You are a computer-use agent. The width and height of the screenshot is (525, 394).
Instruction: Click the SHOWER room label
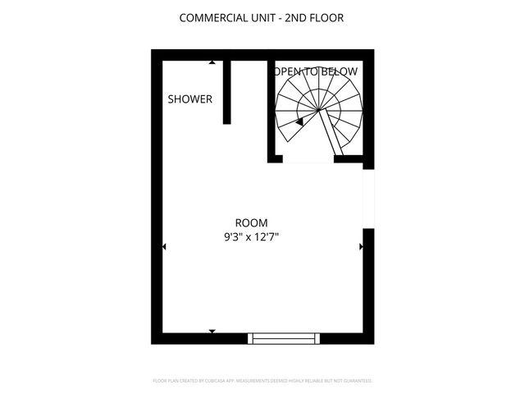coord(189,99)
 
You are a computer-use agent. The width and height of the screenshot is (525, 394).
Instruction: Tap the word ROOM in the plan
coord(251,222)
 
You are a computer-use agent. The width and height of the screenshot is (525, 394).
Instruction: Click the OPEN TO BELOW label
coord(316,71)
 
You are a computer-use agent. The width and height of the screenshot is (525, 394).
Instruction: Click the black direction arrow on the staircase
coord(300,121)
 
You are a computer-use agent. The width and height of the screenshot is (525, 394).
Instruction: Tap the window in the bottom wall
coord(284,337)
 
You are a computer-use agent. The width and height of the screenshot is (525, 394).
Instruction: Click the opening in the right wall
coord(368,199)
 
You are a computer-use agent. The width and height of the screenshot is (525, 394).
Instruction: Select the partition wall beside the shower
coord(226,92)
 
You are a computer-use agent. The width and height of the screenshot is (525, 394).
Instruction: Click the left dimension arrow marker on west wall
coord(164,245)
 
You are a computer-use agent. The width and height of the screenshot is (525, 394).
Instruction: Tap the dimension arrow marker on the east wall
coord(360,245)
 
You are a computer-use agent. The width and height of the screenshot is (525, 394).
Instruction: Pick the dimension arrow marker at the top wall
coord(212,62)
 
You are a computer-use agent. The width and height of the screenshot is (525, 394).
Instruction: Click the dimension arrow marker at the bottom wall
coord(212,331)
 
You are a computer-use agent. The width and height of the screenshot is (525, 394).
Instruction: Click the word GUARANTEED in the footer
coord(356,381)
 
